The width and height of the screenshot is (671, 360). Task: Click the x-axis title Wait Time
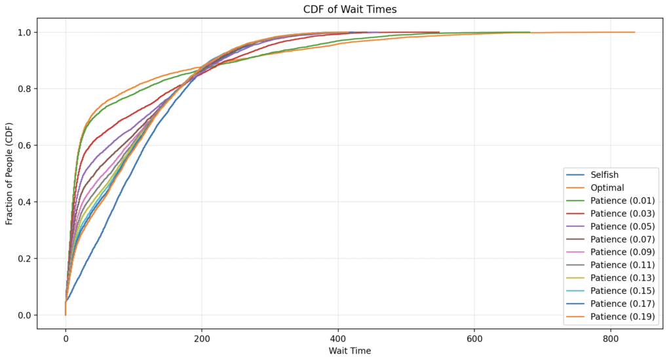pyautogui.click(x=349, y=351)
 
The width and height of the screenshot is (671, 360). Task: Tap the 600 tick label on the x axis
pyautogui.click(x=474, y=338)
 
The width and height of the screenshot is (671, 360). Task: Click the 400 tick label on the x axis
pyautogui.click(x=338, y=338)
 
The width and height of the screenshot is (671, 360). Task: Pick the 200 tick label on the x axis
pyautogui.click(x=202, y=338)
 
